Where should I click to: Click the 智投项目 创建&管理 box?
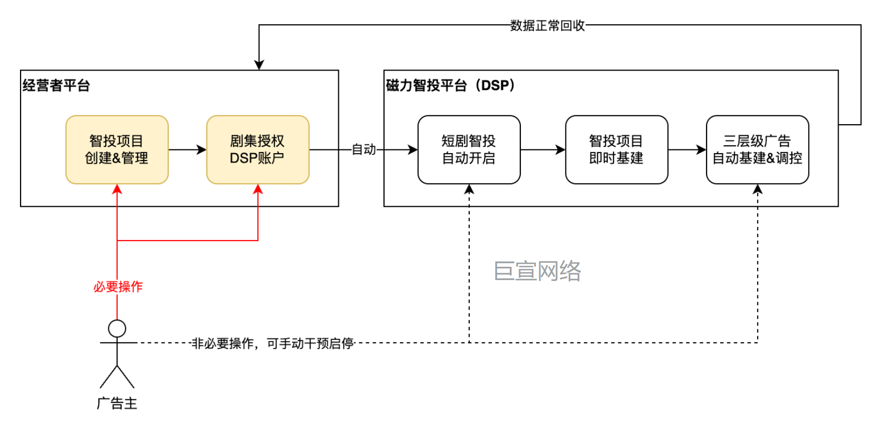point(117,149)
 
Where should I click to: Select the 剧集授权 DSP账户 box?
point(258,149)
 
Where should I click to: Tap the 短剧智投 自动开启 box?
point(469,149)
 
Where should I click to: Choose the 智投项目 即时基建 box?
point(616,149)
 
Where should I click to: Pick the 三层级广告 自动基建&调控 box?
point(757,149)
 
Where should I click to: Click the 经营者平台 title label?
point(56,85)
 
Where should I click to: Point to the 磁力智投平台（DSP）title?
point(450,85)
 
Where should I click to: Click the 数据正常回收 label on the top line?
point(547,25)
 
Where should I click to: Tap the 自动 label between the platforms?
point(364,149)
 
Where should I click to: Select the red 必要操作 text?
point(118,286)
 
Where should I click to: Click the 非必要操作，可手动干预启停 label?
point(272,343)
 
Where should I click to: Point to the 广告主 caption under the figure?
point(117,403)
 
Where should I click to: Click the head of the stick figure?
point(117,328)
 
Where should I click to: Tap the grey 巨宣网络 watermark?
point(537,271)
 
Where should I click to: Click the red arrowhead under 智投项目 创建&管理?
point(117,189)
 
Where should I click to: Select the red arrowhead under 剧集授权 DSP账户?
point(258,189)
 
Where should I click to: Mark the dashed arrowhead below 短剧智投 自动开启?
point(469,189)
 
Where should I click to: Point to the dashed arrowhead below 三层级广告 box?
point(757,189)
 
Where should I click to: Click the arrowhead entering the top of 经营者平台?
point(259,65)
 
